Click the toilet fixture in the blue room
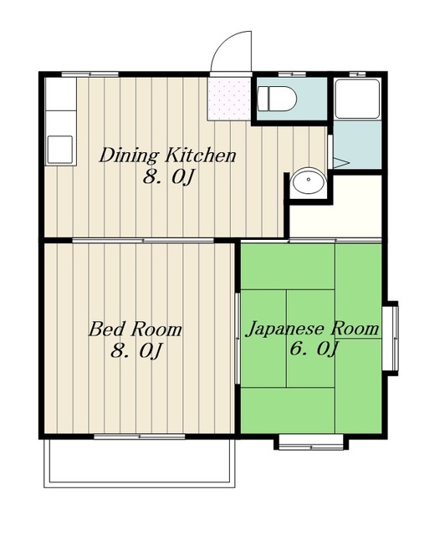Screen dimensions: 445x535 point(277,99)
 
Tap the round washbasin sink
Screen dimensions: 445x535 point(308,181)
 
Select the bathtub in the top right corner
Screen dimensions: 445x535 point(357,99)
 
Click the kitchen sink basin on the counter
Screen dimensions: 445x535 point(60,150)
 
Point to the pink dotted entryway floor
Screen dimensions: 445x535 point(229,99)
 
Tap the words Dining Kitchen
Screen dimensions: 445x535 point(167,155)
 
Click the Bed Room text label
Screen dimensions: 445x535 point(136,329)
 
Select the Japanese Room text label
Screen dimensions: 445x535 point(313,329)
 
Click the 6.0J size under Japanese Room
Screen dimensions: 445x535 point(314,349)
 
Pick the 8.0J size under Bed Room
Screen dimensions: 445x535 point(136,350)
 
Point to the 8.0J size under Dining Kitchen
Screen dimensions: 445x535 point(168,177)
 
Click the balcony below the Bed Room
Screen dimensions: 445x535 point(140,463)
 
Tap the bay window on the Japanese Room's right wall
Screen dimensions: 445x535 point(391,339)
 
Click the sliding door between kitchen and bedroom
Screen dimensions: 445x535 point(143,241)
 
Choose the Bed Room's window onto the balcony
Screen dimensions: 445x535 point(140,436)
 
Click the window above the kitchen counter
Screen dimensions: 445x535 point(90,74)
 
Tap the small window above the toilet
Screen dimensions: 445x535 point(292,74)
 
